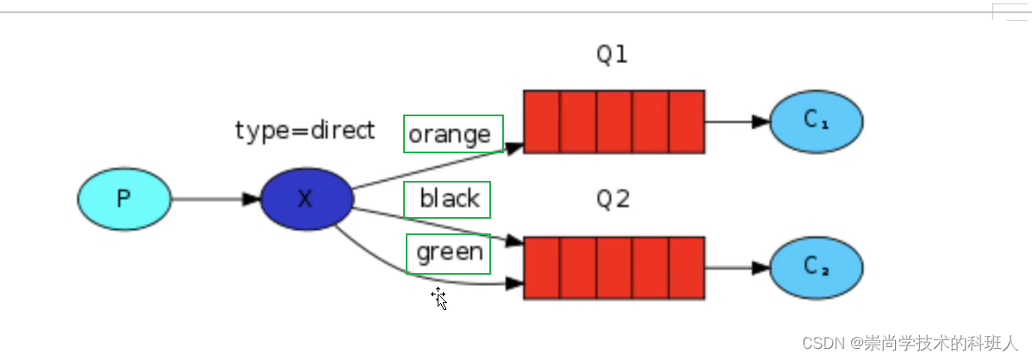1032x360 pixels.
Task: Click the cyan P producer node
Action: click(124, 199)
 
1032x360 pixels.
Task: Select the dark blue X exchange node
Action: click(307, 199)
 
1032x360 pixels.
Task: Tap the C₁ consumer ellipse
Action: click(816, 121)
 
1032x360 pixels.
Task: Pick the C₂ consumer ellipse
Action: click(816, 268)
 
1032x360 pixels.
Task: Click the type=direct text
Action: click(305, 130)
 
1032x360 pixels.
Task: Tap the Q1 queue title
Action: click(612, 54)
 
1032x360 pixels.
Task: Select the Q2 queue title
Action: click(612, 198)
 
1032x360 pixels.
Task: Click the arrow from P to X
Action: click(216, 199)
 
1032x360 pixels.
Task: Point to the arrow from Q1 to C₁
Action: click(737, 121)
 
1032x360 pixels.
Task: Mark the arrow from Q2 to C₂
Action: click(737, 268)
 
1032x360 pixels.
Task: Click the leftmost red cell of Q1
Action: click(542, 121)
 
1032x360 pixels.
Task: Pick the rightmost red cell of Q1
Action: click(687, 121)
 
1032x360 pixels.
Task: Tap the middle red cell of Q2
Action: click(614, 268)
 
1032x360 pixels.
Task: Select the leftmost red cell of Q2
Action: click(542, 268)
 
